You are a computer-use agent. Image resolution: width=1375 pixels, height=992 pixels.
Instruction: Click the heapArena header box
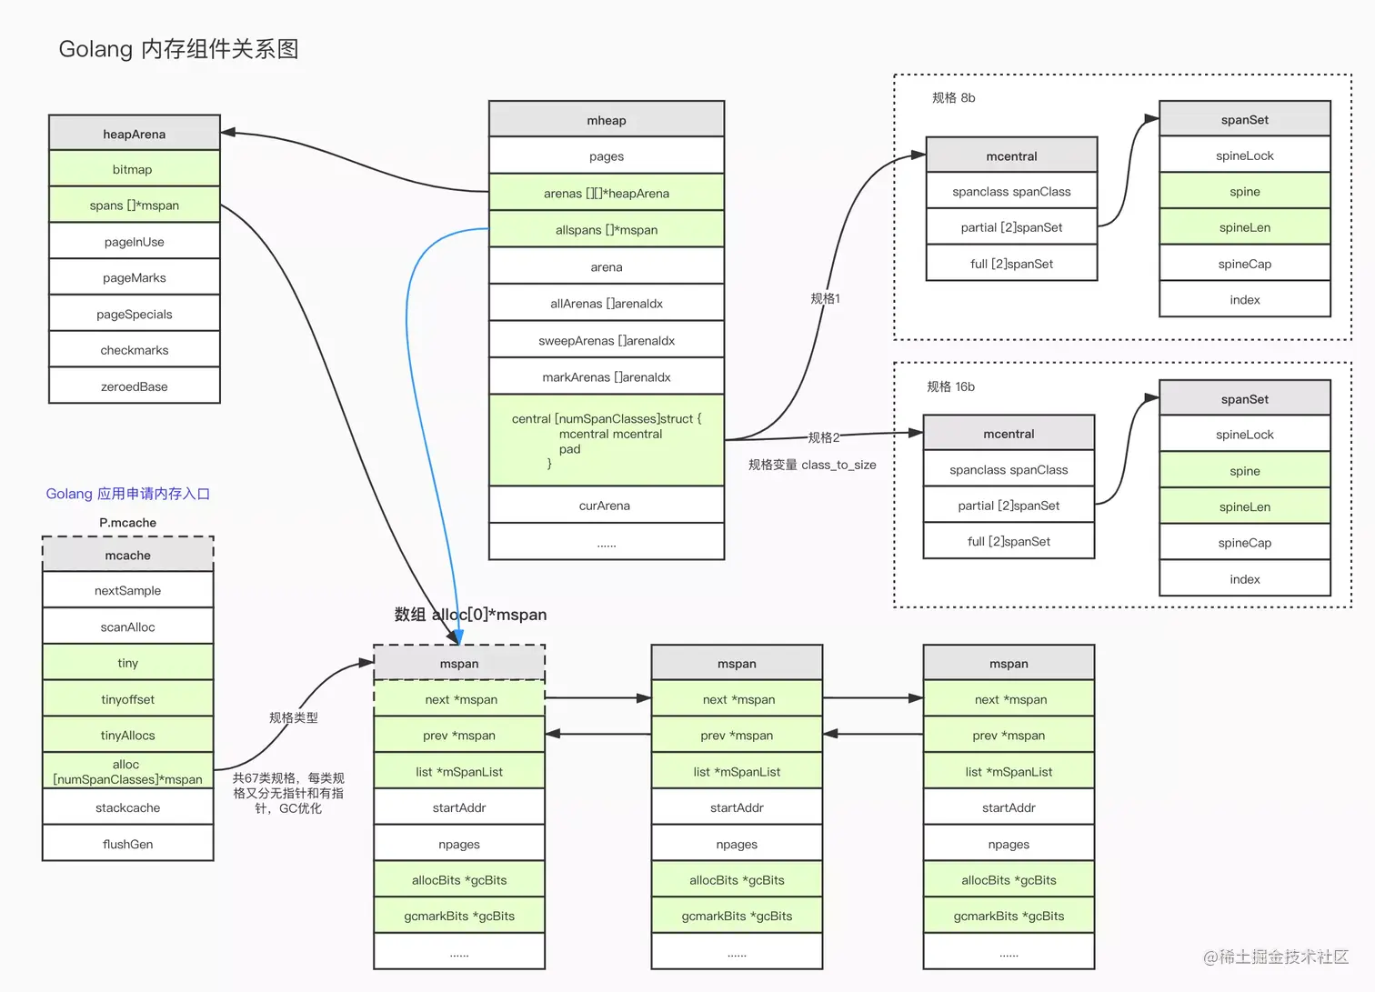(135, 133)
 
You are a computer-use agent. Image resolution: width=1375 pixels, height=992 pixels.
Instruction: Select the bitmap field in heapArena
(135, 169)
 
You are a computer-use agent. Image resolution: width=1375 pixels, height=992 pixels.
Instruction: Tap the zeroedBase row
(135, 386)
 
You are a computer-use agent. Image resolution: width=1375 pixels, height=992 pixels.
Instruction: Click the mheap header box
(607, 120)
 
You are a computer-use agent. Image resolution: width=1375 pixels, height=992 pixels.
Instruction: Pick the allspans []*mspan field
(607, 230)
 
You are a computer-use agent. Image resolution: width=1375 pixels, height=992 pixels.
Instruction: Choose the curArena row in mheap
(607, 506)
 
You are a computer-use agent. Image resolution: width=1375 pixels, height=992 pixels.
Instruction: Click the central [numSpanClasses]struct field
(607, 440)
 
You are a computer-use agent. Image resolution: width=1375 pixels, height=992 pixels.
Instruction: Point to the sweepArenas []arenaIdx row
(607, 340)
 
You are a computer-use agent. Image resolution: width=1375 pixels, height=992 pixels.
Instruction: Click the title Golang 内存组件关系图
(178, 49)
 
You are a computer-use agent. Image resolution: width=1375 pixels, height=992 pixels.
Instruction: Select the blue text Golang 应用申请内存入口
(128, 494)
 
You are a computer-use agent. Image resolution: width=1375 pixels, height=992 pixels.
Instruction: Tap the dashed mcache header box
(128, 555)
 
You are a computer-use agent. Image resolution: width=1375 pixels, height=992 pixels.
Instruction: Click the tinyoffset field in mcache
(128, 699)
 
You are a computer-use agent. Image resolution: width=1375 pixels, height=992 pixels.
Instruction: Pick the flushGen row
(128, 844)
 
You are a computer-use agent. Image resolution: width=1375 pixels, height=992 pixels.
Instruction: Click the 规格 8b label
(953, 98)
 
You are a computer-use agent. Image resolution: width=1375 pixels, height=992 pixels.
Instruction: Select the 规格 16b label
(950, 386)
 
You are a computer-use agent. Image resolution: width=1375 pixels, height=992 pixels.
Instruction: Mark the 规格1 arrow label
(825, 298)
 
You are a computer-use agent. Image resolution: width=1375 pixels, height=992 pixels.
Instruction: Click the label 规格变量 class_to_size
(812, 465)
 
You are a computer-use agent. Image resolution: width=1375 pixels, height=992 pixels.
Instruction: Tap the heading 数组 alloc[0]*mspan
(470, 615)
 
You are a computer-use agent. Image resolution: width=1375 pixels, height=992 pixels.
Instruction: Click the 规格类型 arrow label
(293, 717)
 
